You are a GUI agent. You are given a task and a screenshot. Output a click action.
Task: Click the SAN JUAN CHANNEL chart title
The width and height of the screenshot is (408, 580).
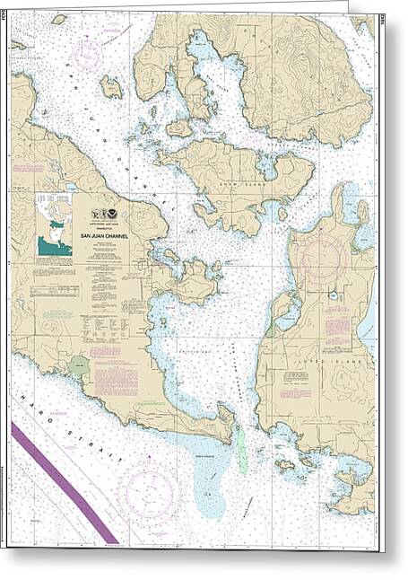(x=105, y=237)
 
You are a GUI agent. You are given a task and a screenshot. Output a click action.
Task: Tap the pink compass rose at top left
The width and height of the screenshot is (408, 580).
(x=87, y=56)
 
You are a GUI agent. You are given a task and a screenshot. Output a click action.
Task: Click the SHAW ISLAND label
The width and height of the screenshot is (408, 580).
(x=254, y=176)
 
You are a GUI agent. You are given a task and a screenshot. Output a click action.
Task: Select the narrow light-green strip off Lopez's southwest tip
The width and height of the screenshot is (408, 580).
(x=240, y=449)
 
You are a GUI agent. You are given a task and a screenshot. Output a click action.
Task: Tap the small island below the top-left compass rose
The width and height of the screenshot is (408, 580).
(x=110, y=87)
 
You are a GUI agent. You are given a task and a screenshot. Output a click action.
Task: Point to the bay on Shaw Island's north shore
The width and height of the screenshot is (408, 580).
(x=266, y=165)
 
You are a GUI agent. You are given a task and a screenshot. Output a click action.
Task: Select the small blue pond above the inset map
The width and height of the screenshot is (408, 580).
(x=70, y=188)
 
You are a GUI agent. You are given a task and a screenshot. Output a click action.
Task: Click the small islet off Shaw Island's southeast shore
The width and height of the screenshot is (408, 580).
(x=282, y=214)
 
